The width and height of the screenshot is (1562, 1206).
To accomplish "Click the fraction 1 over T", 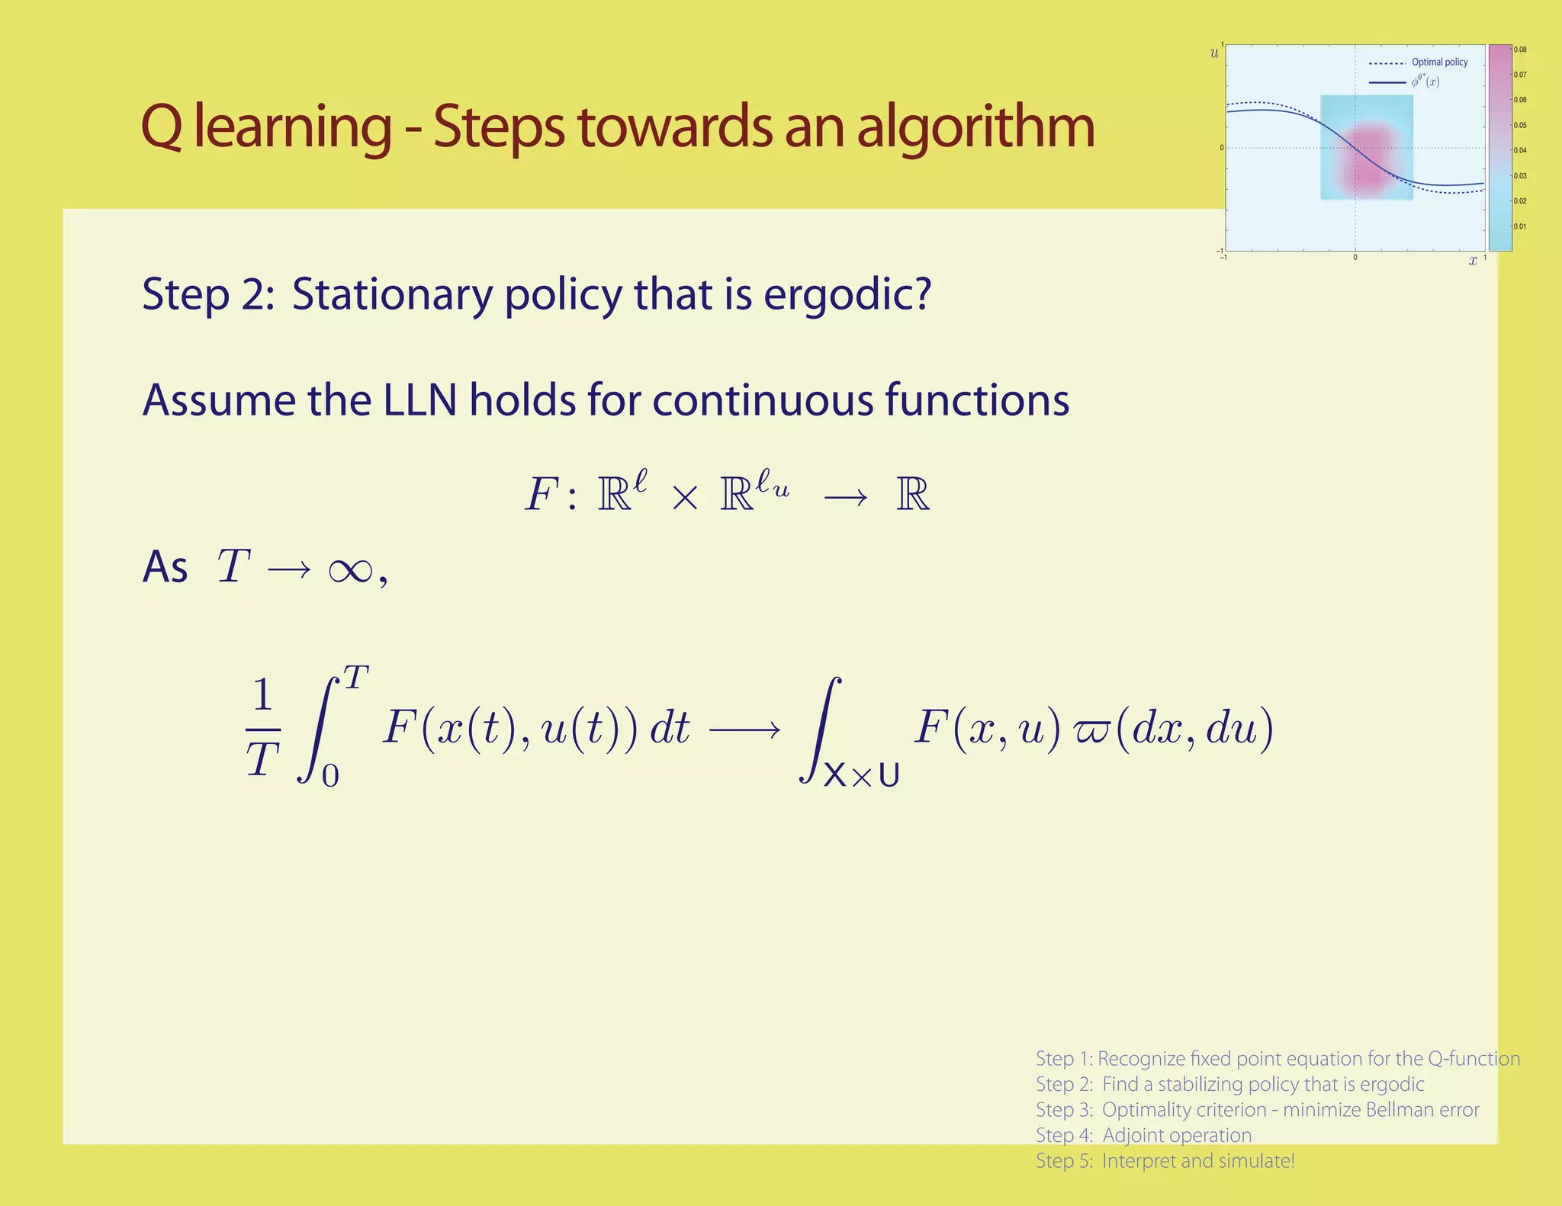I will (262, 728).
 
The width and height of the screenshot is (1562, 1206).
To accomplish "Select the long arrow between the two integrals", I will (744, 730).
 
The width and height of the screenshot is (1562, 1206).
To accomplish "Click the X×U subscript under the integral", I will (861, 775).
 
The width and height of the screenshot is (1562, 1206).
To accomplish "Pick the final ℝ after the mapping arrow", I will (913, 495).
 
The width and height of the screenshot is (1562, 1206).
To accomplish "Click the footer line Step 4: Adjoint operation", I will (1143, 1135).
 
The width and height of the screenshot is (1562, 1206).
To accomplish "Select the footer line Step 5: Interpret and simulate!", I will (1165, 1161).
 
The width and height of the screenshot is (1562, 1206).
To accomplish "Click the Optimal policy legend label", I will (1439, 63).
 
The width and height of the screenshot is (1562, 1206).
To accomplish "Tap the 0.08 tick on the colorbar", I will (1520, 50).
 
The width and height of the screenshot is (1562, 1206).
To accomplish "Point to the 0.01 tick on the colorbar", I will (1520, 226).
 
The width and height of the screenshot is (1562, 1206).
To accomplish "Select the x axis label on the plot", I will (1473, 261).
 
